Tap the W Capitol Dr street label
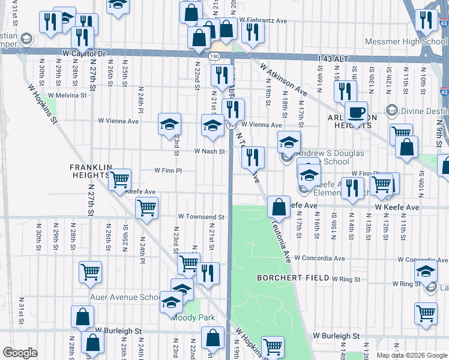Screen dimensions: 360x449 pos(83,53)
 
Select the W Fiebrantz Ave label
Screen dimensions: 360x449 pos(264,20)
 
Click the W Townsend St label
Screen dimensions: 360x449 pos(200,217)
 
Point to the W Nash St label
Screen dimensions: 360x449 pos(209,152)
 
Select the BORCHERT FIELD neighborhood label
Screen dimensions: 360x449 pos(293,278)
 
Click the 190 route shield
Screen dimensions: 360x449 pos(214,56)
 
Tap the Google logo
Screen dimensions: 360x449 pos(20,353)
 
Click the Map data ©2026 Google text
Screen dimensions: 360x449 pos(412,355)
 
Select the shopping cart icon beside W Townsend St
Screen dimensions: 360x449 pos(146,209)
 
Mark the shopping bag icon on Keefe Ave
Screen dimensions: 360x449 pos(279,207)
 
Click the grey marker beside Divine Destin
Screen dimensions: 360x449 pos(391,110)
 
